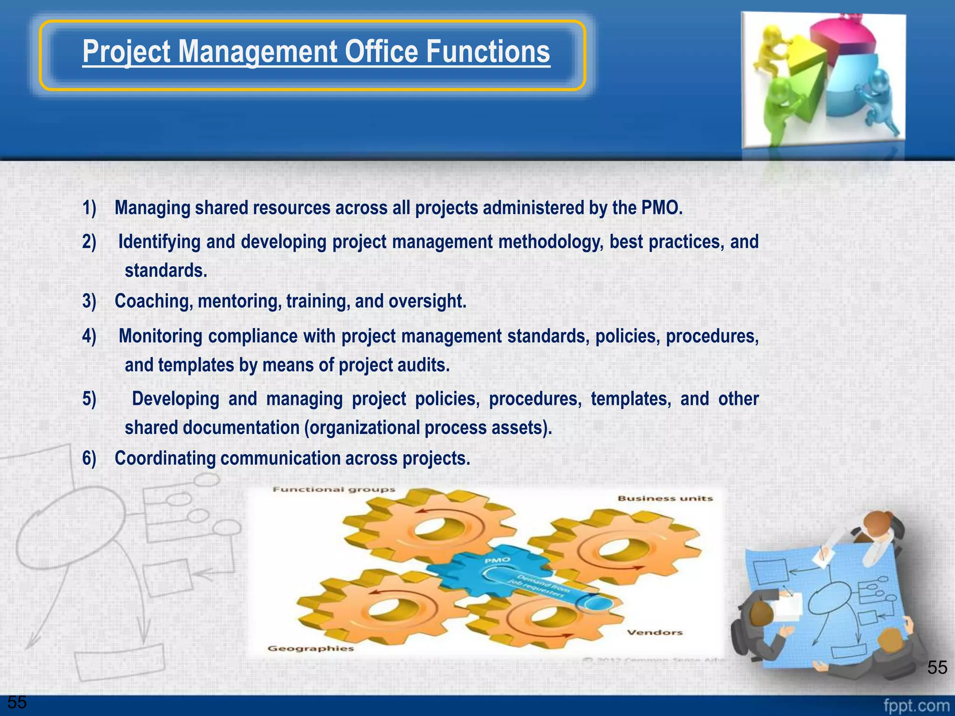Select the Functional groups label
point(334,489)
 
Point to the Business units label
point(665,498)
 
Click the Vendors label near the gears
point(654,633)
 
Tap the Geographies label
point(311,648)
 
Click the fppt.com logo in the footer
point(916,705)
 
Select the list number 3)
point(89,301)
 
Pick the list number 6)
point(89,458)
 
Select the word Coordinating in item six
point(165,458)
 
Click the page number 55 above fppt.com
point(937,668)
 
